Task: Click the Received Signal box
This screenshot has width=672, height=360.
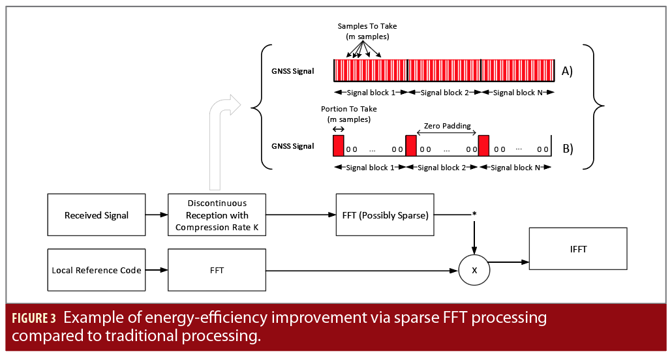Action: [97, 215]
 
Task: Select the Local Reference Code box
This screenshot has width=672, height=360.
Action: [97, 270]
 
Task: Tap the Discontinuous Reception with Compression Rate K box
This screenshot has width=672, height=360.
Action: [217, 215]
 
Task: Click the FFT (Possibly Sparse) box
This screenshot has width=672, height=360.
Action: [385, 215]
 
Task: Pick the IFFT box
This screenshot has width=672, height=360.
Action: [578, 248]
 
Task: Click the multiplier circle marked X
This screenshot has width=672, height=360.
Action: [474, 270]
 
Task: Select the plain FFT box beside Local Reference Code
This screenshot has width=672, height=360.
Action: [217, 270]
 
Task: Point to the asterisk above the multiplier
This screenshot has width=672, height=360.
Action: [474, 214]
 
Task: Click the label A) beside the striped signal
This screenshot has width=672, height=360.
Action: [567, 71]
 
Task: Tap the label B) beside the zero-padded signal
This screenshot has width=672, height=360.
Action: [568, 149]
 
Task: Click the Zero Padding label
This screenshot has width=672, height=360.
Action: [447, 126]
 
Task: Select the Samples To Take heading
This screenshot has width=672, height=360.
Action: [367, 26]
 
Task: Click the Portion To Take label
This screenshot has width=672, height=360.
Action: [349, 109]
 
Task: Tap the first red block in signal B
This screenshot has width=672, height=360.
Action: [339, 145]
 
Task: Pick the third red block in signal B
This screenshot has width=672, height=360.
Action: [484, 145]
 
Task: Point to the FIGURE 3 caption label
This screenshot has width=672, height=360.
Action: [34, 318]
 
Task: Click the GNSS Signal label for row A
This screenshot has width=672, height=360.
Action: [293, 71]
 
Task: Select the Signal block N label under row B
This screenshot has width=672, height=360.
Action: [515, 168]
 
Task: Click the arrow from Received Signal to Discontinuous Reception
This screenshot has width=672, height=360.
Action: [157, 215]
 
